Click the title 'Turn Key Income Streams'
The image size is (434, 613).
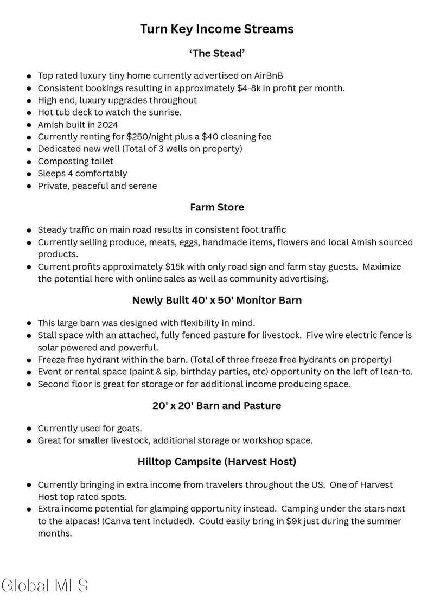tap(217, 29)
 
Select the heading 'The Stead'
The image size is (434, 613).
tap(217, 54)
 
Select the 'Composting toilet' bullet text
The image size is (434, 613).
tap(75, 161)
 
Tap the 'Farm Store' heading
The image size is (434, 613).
tap(217, 207)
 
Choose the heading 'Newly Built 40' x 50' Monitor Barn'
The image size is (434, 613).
tap(217, 300)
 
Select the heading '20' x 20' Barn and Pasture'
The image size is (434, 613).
tap(217, 405)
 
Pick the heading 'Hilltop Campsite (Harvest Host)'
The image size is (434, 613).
tap(217, 462)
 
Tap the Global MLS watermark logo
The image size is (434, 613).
tap(45, 584)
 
